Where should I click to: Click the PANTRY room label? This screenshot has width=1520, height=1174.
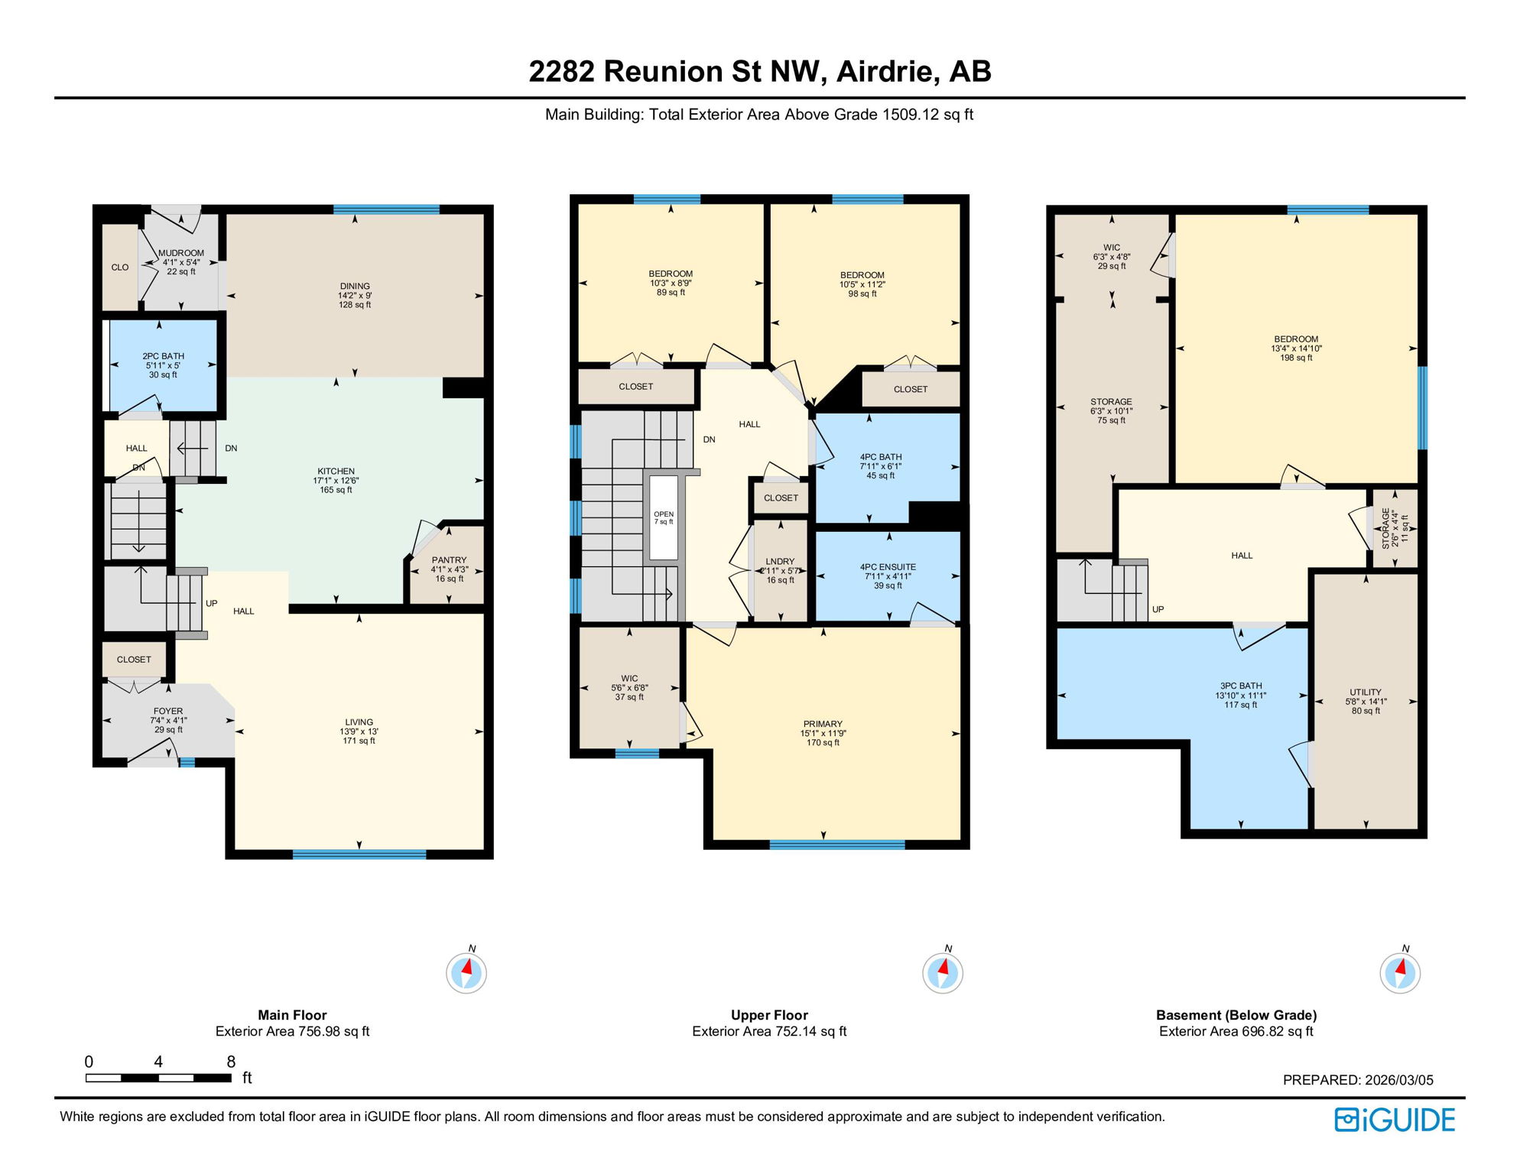pyautogui.click(x=449, y=560)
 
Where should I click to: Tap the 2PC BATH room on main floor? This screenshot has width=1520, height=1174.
pyautogui.click(x=163, y=365)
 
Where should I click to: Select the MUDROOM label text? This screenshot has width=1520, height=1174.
pyautogui.click(x=181, y=253)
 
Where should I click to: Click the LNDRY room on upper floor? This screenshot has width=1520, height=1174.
pyautogui.click(x=780, y=570)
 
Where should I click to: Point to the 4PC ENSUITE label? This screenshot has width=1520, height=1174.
pyautogui.click(x=888, y=567)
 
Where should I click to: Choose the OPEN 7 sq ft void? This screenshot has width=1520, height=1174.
pyautogui.click(x=664, y=517)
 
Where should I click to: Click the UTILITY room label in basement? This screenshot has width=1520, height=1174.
pyautogui.click(x=1366, y=692)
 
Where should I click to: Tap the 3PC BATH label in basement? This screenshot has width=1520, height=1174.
pyautogui.click(x=1241, y=686)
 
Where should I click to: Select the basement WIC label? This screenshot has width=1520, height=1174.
pyautogui.click(x=1112, y=248)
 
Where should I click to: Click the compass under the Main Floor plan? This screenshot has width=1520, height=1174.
pyautogui.click(x=466, y=973)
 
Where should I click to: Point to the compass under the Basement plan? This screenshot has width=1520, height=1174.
pyautogui.click(x=1400, y=973)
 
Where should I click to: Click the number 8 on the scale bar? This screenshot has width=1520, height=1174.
pyautogui.click(x=231, y=1062)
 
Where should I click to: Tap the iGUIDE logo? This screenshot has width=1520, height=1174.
pyautogui.click(x=1395, y=1120)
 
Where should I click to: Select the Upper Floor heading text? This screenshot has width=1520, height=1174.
pyautogui.click(x=769, y=1015)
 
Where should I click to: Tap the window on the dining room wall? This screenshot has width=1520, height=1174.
pyautogui.click(x=386, y=209)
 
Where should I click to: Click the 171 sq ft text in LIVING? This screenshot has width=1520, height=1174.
pyautogui.click(x=359, y=741)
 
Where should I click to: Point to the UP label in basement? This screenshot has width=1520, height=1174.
pyautogui.click(x=1158, y=609)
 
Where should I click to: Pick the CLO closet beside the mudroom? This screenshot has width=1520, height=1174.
pyautogui.click(x=120, y=268)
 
